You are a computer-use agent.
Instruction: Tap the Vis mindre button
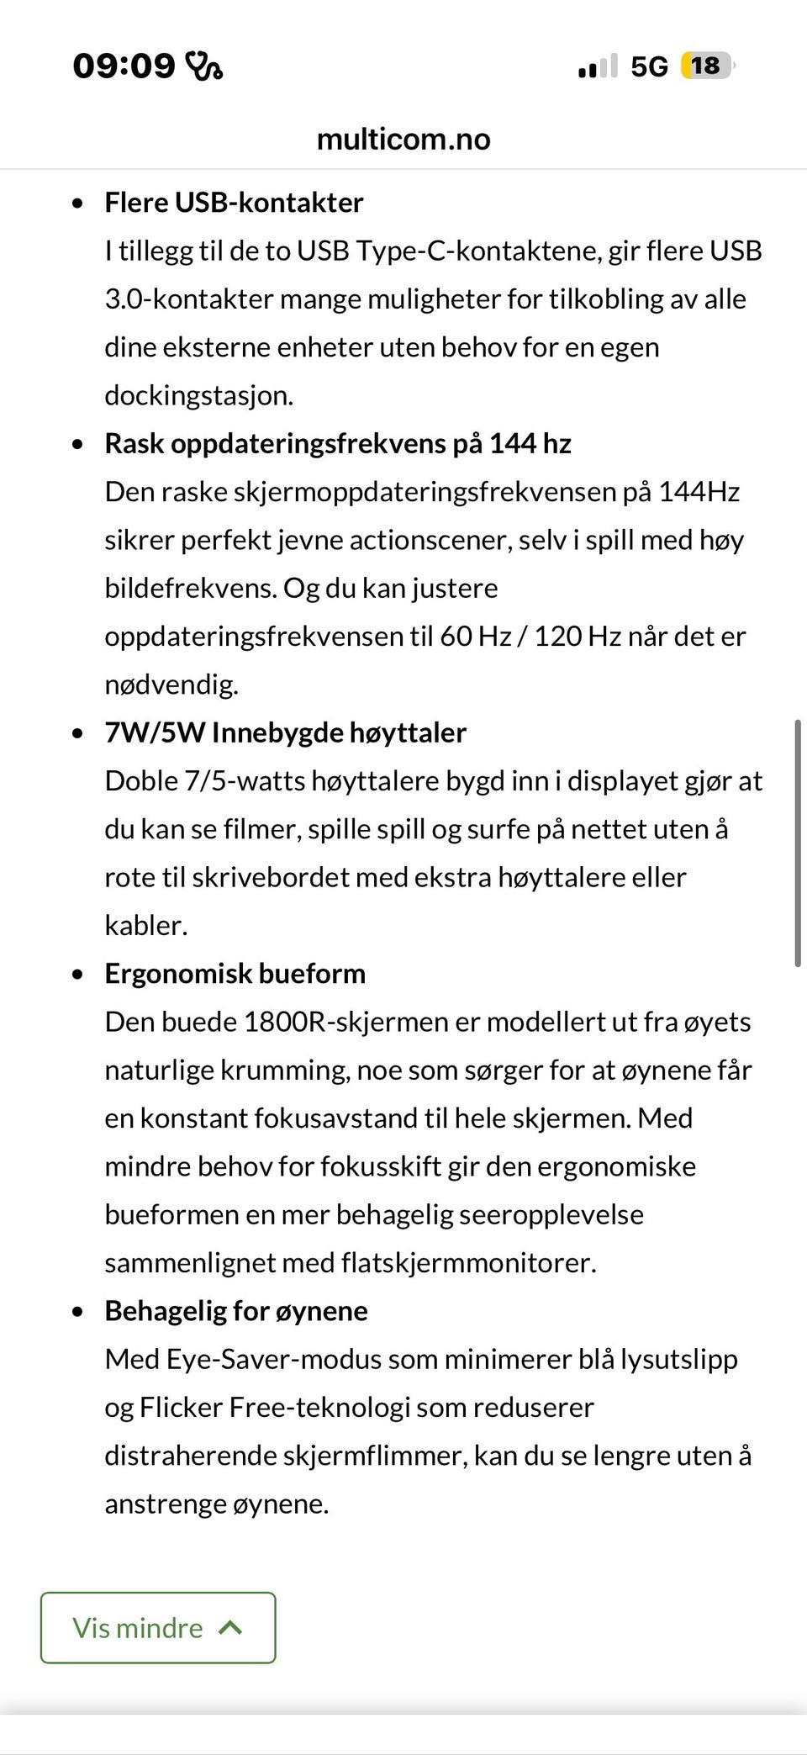coord(158,1627)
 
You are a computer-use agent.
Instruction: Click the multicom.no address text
coord(403,139)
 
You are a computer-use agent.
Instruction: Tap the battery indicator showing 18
coord(707,66)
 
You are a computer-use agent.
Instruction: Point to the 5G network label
coord(649,66)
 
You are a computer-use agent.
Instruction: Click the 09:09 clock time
coord(124,66)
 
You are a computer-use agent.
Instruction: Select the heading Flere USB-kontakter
coord(234,203)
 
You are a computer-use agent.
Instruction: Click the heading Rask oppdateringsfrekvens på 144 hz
coord(337,443)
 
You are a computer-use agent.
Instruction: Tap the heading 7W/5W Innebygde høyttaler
coord(285,732)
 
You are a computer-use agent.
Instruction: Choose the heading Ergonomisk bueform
coord(235,973)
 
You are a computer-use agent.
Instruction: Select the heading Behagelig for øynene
coord(235,1310)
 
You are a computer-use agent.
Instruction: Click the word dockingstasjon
coord(198,395)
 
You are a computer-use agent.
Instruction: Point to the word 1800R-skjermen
coord(345,1022)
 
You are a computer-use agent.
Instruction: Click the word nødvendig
coord(171,685)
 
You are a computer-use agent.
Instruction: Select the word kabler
coord(145,925)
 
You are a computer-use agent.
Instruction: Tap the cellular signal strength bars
coord(598,66)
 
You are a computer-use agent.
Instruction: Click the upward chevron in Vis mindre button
coord(230,1627)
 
